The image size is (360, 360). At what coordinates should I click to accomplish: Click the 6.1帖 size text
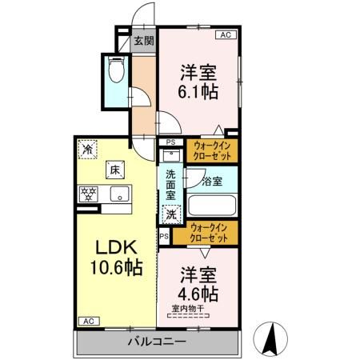point(198,90)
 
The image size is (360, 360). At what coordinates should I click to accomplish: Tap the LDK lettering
point(111,248)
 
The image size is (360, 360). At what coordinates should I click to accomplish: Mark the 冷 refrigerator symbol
point(86,149)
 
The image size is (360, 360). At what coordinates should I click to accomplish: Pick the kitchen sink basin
point(119,194)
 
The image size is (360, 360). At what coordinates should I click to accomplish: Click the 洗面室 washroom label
point(170,185)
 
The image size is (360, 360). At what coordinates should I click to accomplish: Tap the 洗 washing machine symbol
point(170,214)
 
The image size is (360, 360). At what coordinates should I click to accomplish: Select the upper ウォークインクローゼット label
point(212,150)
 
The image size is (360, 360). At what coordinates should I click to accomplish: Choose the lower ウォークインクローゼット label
point(212,234)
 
